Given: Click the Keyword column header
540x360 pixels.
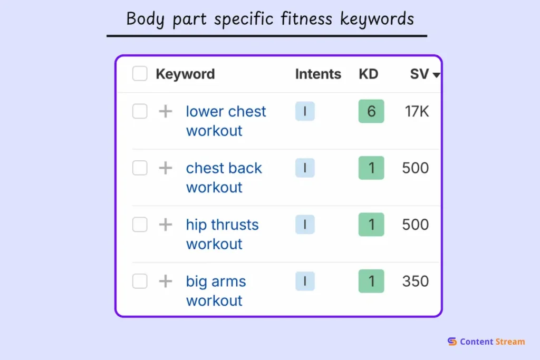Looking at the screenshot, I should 185,74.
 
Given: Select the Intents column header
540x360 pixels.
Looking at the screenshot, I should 318,74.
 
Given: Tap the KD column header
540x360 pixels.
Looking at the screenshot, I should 369,74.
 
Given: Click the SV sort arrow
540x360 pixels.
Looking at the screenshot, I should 436,75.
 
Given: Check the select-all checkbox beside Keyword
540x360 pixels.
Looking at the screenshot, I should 140,74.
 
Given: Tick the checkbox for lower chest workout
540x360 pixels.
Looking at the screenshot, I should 140,111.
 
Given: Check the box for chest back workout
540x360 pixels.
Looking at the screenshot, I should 140,168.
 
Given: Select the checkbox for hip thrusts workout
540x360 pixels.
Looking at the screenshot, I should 140,225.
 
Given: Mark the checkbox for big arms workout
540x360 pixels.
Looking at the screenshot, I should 140,281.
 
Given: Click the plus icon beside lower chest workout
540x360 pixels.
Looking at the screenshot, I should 166,111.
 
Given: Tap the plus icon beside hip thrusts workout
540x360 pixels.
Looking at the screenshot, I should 166,225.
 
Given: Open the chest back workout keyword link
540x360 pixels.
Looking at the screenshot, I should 224,178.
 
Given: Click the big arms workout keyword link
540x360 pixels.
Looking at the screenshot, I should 216,291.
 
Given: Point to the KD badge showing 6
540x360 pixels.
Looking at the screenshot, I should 371,111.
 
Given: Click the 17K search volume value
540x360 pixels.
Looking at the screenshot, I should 417,111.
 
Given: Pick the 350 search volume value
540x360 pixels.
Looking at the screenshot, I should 416,281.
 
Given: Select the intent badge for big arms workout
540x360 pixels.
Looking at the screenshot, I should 305,281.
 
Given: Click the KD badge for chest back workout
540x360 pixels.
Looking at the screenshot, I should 371,168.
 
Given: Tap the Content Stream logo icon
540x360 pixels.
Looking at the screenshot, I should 452,342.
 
